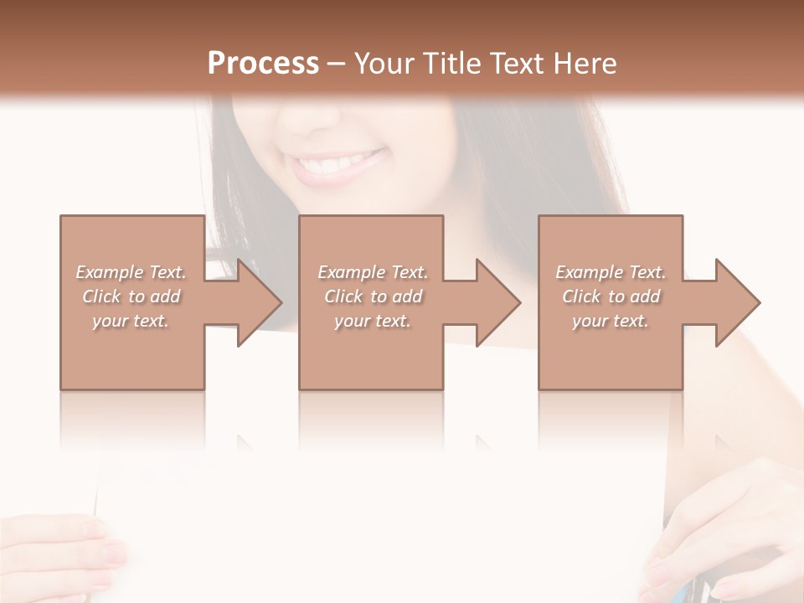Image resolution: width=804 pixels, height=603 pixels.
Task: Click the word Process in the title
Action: [263, 63]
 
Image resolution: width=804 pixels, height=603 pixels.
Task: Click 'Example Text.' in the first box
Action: [131, 272]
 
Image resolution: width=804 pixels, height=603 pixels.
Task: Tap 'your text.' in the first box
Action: [131, 321]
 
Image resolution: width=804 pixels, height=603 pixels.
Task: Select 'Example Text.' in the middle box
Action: [373, 272]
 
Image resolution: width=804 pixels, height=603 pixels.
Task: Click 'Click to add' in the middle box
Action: [373, 296]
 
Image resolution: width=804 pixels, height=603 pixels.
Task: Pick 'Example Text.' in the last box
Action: [611, 272]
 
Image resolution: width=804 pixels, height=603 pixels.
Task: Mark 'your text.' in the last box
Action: [611, 321]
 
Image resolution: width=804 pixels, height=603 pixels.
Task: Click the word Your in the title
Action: [383, 63]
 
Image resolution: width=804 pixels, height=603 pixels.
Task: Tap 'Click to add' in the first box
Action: [131, 296]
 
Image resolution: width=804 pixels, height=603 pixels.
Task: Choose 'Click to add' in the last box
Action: [611, 296]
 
